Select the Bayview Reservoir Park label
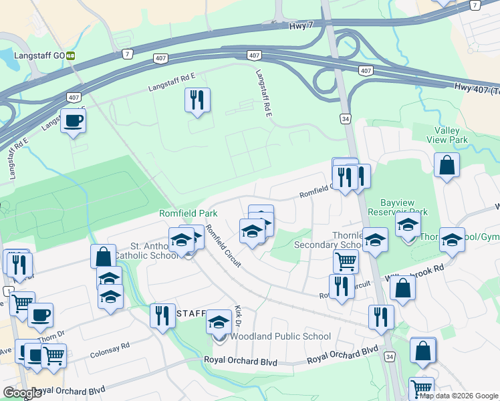point(388,207)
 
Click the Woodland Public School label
point(280,337)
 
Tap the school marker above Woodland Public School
point(219,323)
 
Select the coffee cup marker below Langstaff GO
point(73,121)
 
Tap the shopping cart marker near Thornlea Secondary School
point(346,261)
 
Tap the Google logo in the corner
point(23,393)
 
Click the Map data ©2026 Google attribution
point(458,396)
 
